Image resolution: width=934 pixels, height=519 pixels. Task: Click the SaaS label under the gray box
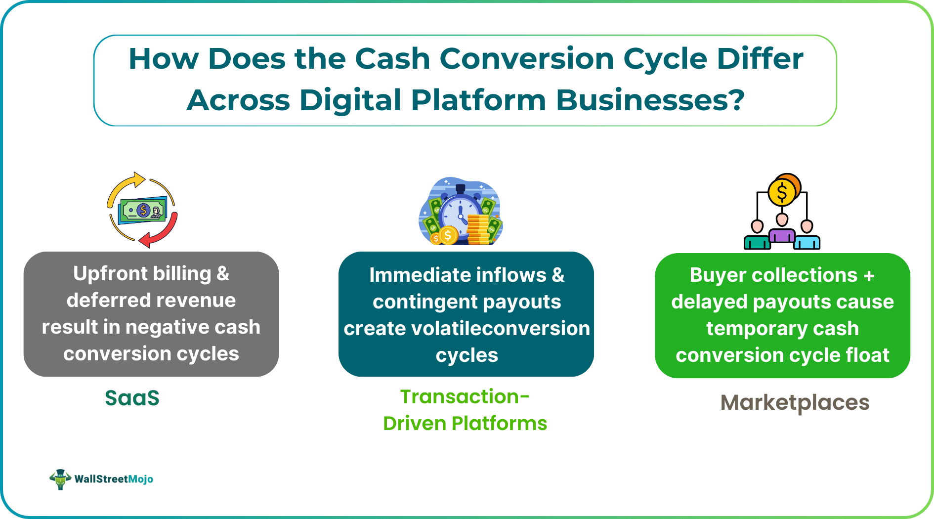[x=132, y=398]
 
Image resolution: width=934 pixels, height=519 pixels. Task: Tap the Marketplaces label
[x=795, y=402]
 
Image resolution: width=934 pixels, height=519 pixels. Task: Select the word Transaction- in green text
[x=465, y=396]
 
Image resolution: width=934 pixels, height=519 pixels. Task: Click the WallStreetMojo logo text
[x=114, y=479]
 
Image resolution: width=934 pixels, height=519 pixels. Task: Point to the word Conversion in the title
[x=527, y=59]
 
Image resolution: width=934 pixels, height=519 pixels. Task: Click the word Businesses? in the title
[x=650, y=100]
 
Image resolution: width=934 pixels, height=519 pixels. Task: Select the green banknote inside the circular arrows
[x=143, y=211]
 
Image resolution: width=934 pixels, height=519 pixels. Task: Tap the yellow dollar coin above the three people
[x=782, y=192]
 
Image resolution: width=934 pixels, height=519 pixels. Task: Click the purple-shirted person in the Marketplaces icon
[x=782, y=230]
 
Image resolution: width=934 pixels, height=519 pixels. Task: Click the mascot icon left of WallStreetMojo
[x=60, y=479]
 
